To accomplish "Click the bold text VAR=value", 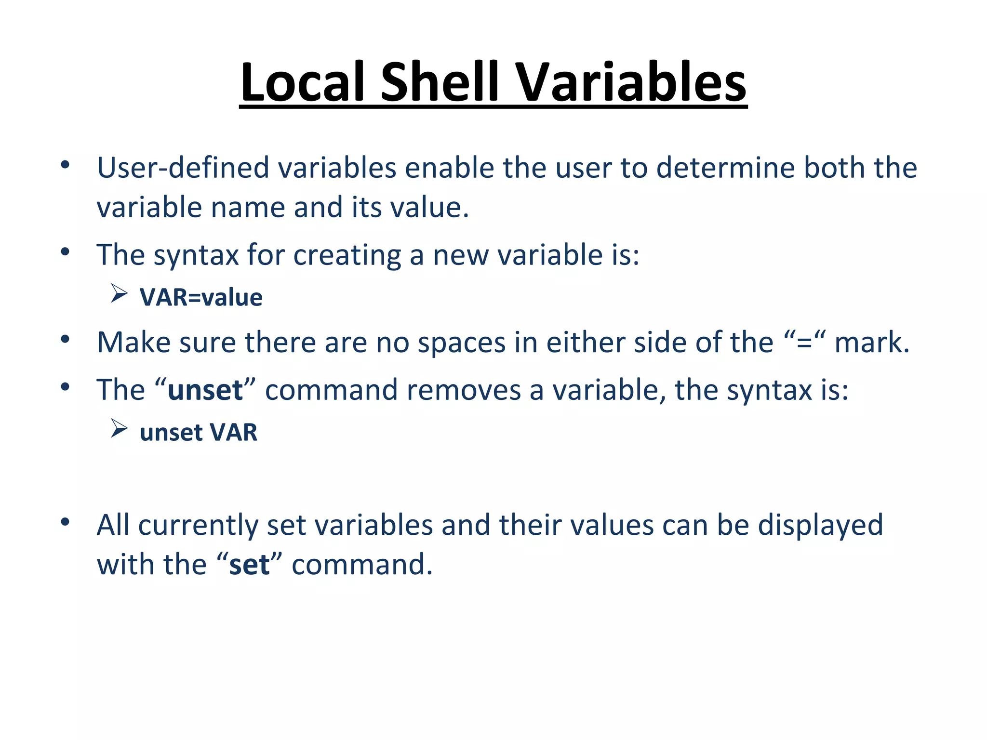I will click(201, 297).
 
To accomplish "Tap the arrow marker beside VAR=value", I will click(119, 293).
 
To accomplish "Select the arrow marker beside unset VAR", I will click(119, 428).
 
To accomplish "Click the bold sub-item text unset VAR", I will click(199, 432).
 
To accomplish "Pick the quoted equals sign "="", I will click(804, 343).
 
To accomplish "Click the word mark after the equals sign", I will click(871, 343).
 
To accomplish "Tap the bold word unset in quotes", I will click(205, 390).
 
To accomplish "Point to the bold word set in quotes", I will click(249, 564).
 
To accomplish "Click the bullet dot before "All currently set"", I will click(66, 522).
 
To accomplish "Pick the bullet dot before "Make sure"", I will click(66, 339).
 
